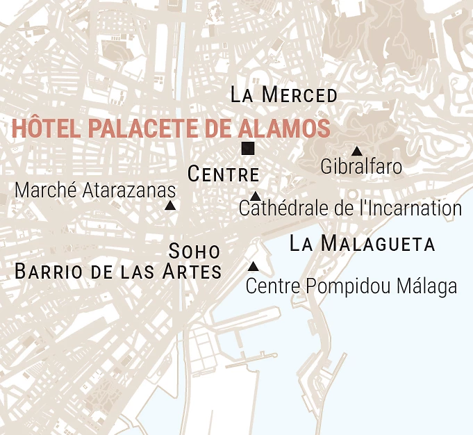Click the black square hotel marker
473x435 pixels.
pyautogui.click(x=248, y=148)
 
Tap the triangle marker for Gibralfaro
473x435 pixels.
pyautogui.click(x=356, y=151)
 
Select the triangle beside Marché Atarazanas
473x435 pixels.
pyautogui.click(x=169, y=205)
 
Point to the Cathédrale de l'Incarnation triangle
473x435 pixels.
pyautogui.click(x=255, y=196)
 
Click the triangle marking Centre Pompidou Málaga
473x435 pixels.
pyautogui.click(x=254, y=266)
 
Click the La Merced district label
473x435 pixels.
pyautogui.click(x=283, y=95)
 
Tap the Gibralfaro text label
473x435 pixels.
pyautogui.click(x=361, y=167)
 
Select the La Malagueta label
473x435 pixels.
pyautogui.click(x=362, y=244)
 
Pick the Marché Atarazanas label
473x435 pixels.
pyautogui.click(x=95, y=190)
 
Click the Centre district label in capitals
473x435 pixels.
pyautogui.click(x=223, y=174)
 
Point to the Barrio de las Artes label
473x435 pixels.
pyautogui.click(x=118, y=272)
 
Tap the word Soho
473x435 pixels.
pyautogui.click(x=194, y=251)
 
